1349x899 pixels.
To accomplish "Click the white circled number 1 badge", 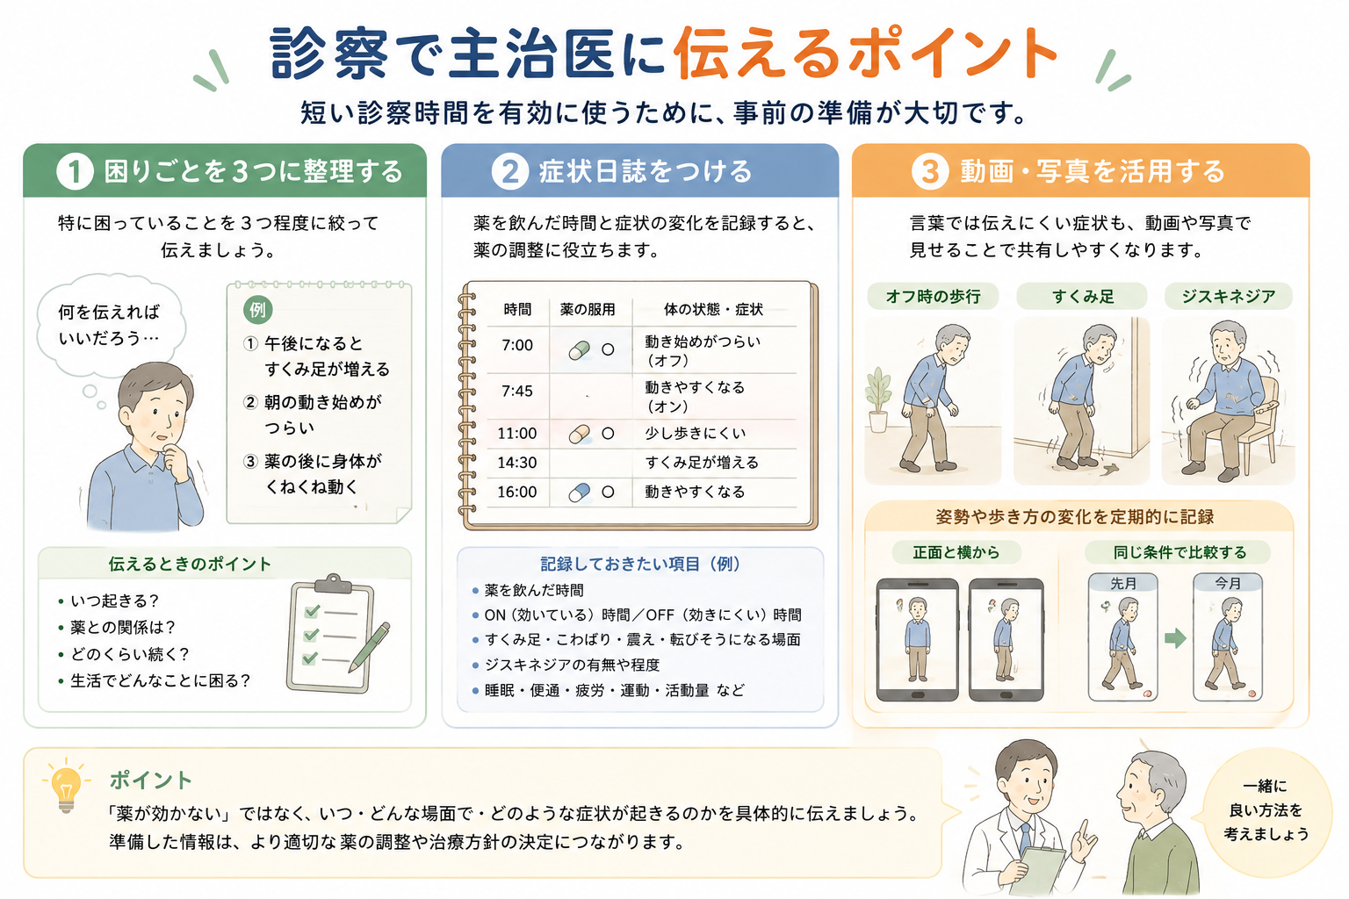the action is click(75, 171).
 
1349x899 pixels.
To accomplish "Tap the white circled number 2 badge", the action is click(509, 171).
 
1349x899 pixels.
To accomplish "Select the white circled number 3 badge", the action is click(930, 171).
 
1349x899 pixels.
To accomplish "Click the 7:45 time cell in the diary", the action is click(516, 392).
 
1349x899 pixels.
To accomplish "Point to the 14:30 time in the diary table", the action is click(516, 463).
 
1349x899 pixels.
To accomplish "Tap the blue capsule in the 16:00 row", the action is click(580, 493).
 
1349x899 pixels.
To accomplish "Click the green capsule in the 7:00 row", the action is click(580, 349).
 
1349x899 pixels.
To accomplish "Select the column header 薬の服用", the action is click(588, 310).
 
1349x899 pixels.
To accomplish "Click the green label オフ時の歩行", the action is click(932, 296).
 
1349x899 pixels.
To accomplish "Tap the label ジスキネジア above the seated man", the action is click(1228, 296).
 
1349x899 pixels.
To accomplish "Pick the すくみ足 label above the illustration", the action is click(1082, 296).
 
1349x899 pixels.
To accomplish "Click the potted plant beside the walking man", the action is click(878, 399).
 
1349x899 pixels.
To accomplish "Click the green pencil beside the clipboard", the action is click(369, 647).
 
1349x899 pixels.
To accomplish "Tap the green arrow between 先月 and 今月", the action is click(1175, 638).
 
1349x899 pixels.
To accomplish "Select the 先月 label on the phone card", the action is click(1123, 584).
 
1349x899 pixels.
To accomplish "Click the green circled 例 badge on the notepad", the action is click(257, 310).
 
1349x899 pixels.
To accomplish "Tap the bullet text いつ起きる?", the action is click(114, 601).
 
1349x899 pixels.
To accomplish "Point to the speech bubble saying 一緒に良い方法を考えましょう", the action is click(1266, 809).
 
